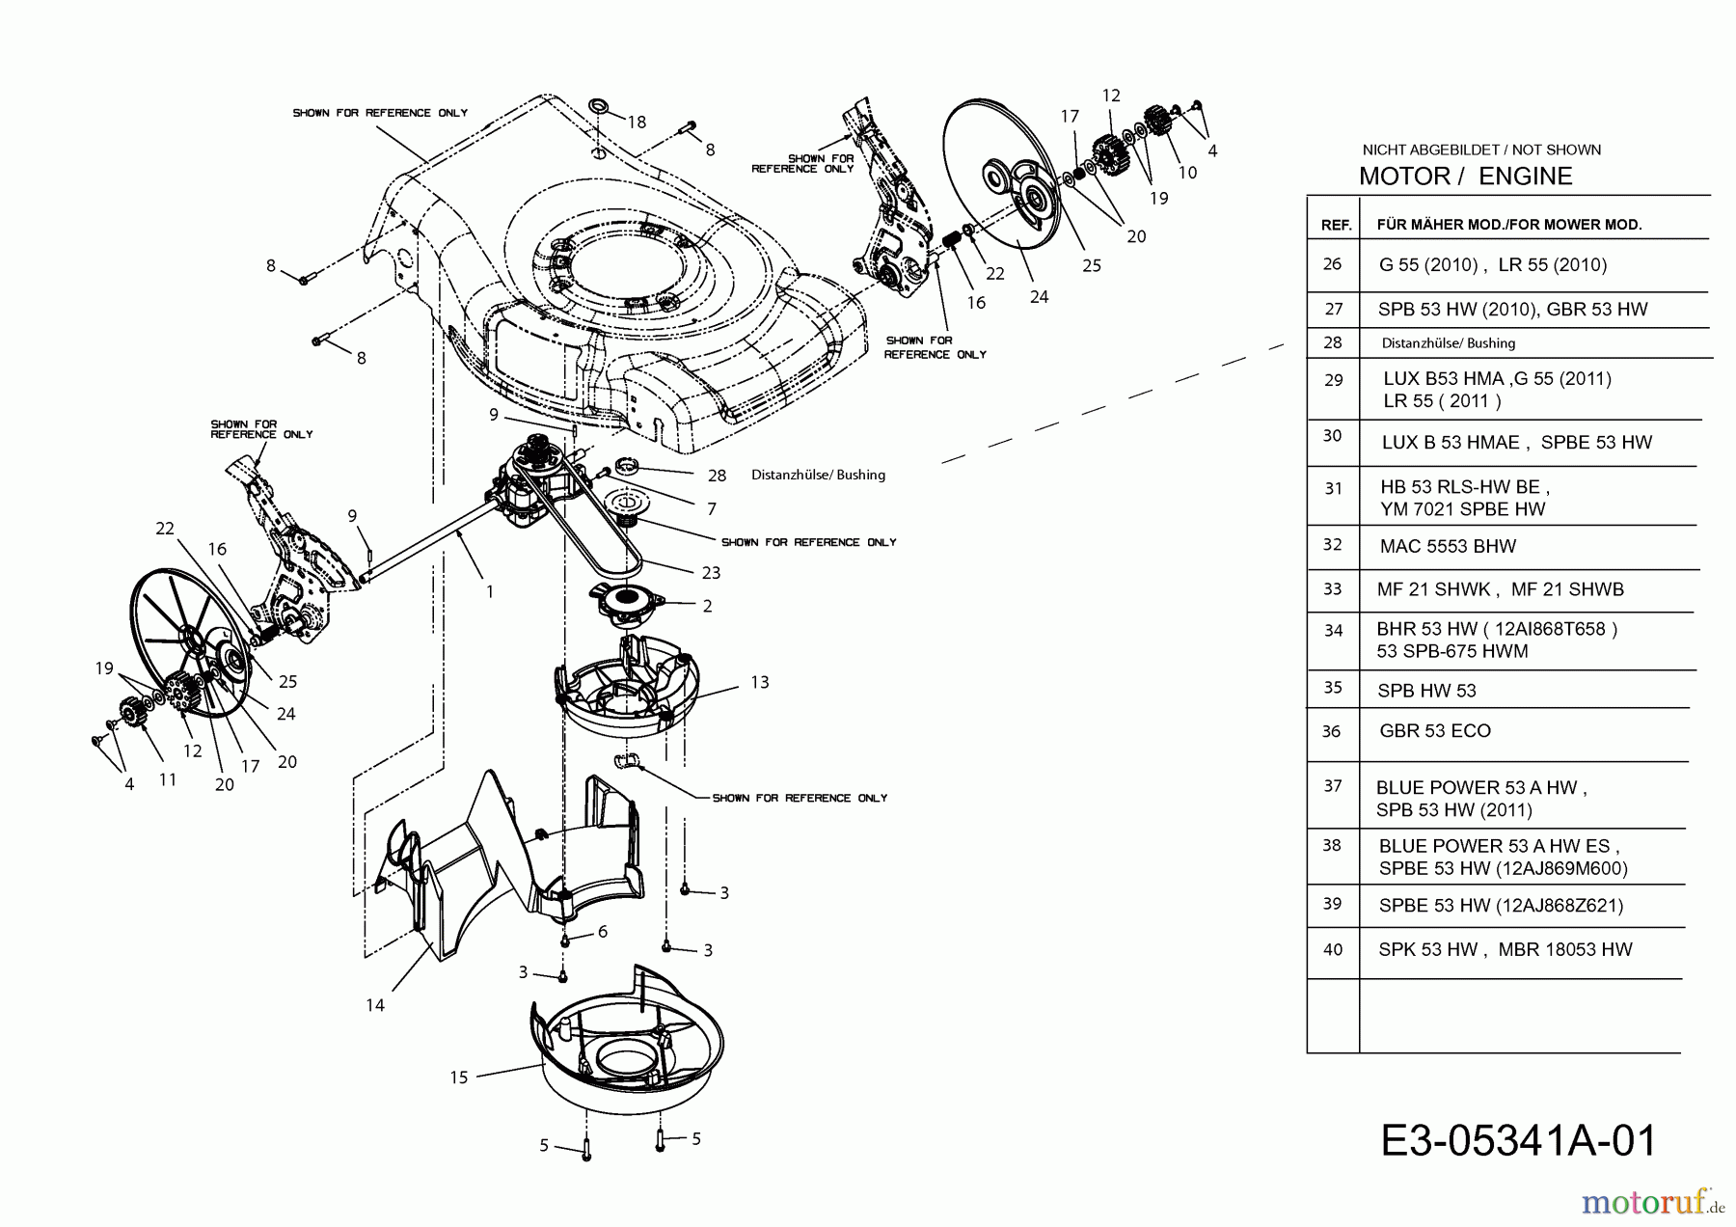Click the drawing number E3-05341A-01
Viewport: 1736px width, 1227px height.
pyautogui.click(x=1518, y=1140)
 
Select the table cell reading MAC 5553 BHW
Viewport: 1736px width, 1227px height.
pyautogui.click(x=1448, y=546)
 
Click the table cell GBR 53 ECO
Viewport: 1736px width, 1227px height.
pyautogui.click(x=1435, y=731)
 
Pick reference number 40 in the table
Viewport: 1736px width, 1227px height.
pyautogui.click(x=1332, y=949)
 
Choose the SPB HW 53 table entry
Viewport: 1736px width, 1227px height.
pyautogui.click(x=1427, y=690)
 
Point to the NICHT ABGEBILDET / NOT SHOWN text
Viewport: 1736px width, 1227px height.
pyautogui.click(x=1481, y=150)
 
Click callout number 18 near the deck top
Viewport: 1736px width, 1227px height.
pyautogui.click(x=637, y=123)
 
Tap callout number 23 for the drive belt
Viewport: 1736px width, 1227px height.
pyautogui.click(x=711, y=572)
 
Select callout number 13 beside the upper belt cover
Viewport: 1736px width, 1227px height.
pyautogui.click(x=759, y=682)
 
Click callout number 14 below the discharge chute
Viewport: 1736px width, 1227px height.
pyautogui.click(x=375, y=1005)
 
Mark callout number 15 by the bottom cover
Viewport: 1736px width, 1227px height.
pyautogui.click(x=459, y=1077)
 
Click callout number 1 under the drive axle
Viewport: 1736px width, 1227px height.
pyautogui.click(x=490, y=591)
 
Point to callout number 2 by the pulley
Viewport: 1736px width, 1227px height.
pyautogui.click(x=707, y=606)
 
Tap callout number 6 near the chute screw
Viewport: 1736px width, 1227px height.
pyautogui.click(x=603, y=931)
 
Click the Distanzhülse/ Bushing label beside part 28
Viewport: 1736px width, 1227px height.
pyautogui.click(x=818, y=475)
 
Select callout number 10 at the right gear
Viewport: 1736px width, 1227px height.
pyautogui.click(x=1187, y=172)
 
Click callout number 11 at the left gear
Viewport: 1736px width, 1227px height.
pyautogui.click(x=168, y=778)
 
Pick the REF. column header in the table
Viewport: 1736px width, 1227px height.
pyautogui.click(x=1335, y=225)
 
